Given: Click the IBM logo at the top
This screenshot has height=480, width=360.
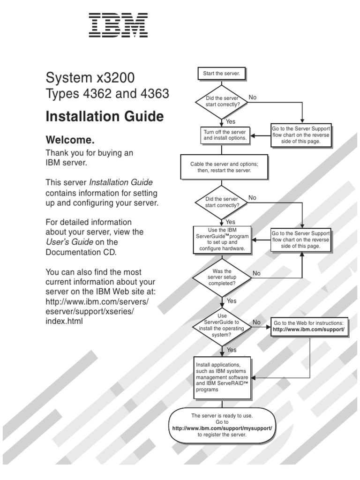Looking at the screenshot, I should coord(118,25).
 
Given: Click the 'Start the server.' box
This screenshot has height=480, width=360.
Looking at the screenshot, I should coord(221,74).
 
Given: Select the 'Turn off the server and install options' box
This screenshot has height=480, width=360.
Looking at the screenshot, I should coord(225,135).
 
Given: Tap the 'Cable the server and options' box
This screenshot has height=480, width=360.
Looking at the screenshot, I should coord(224,167).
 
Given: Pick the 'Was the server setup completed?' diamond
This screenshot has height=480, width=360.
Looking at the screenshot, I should coord(222,277).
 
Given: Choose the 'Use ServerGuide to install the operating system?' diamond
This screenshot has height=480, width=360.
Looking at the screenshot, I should coord(222,325).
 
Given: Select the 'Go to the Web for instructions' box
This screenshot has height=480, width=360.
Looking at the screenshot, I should coord(308,327).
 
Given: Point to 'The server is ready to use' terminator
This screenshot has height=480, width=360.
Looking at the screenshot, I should coord(222,425).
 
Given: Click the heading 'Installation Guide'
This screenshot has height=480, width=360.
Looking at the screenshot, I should coord(105,116).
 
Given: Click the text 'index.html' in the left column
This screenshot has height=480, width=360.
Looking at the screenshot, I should coord(64,322).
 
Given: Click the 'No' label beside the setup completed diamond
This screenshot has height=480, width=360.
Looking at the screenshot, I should coord(257,273).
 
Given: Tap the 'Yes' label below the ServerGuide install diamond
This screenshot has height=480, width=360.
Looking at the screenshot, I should coord(232,350).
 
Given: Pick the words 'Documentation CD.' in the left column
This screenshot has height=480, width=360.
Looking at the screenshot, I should coord(80,252).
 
